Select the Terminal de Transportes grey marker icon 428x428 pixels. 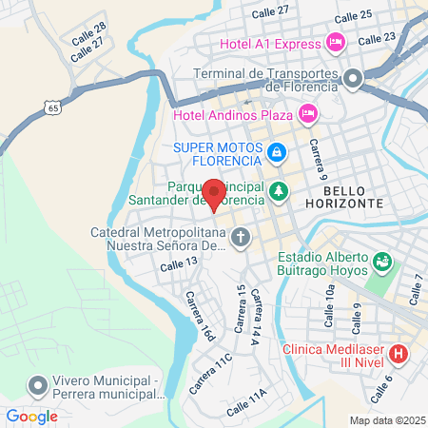click(x=353, y=79)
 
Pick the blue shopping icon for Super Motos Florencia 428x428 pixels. click(x=276, y=151)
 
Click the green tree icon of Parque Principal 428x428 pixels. click(x=278, y=191)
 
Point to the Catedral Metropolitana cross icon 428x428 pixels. click(x=241, y=237)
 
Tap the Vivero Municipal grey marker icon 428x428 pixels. click(x=38, y=385)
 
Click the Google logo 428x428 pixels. click(x=31, y=416)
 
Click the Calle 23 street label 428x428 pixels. click(x=378, y=38)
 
